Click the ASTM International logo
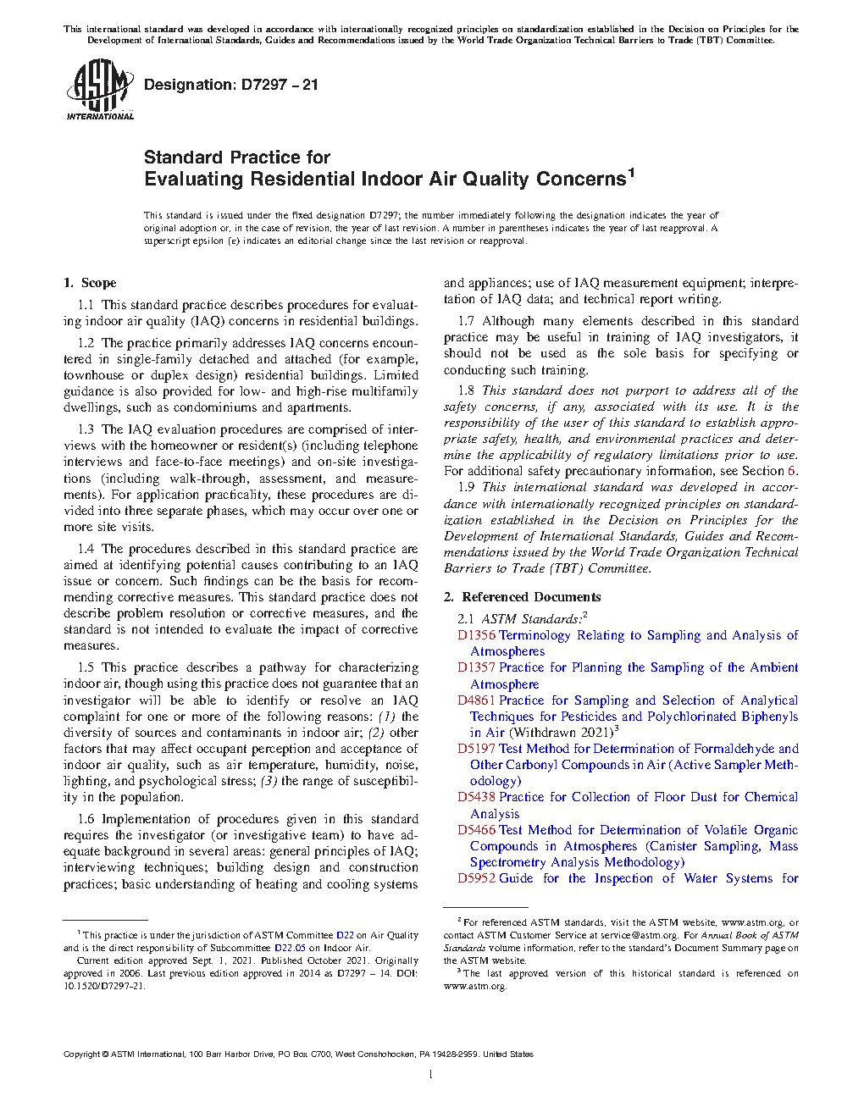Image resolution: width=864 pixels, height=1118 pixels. (100, 89)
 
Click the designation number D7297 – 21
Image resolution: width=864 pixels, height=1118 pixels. (280, 85)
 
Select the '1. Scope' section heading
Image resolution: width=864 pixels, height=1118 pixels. (90, 283)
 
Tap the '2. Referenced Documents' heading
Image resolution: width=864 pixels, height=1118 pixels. (523, 597)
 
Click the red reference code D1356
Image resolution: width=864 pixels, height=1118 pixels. (476, 635)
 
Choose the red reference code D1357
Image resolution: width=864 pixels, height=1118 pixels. (476, 667)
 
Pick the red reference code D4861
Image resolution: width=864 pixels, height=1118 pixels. (476, 700)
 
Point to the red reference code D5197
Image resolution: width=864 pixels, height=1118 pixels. (476, 749)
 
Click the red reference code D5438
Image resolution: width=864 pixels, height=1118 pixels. (476, 797)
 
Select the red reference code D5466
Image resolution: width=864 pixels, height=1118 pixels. (476, 830)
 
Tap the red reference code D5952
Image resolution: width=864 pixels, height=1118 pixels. (476, 878)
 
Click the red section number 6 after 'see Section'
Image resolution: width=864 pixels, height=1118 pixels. (792, 471)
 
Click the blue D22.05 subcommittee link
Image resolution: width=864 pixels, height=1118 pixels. (290, 948)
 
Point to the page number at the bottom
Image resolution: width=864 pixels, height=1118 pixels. (431, 1075)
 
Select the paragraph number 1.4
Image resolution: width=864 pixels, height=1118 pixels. (86, 549)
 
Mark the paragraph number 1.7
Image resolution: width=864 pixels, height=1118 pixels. (466, 321)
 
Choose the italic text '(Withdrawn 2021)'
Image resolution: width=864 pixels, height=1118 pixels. (560, 733)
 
